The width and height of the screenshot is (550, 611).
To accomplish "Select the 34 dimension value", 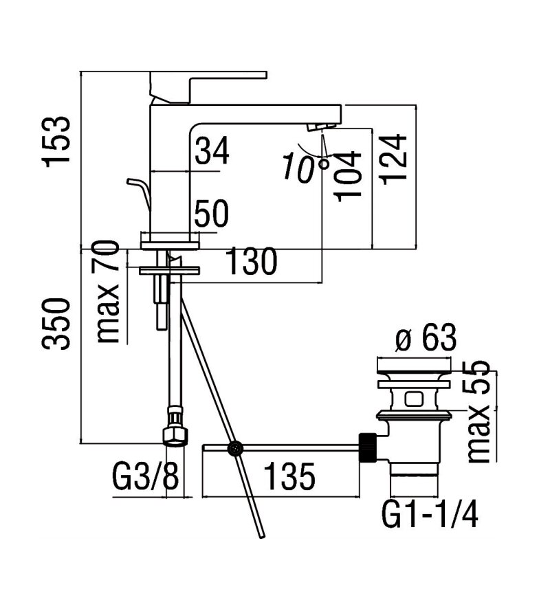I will [211, 151].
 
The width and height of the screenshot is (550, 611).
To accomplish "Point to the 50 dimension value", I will [211, 214].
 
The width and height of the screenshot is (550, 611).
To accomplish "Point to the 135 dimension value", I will [282, 477].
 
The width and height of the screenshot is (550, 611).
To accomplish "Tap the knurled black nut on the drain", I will [368, 447].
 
